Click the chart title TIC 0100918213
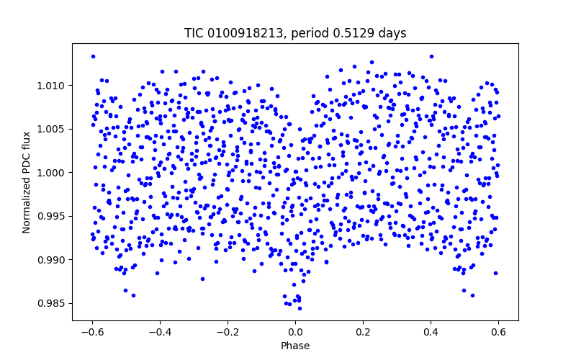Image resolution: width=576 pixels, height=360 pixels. [231, 33]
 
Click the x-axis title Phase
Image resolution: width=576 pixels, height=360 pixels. [295, 346]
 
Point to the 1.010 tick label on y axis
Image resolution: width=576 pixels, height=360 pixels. [53, 86]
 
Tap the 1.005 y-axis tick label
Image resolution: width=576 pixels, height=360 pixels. [53, 129]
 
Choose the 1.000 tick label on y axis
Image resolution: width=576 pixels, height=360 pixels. [53, 173]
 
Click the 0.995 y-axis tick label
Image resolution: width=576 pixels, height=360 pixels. [53, 216]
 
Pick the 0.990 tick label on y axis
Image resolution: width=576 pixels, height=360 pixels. [53, 260]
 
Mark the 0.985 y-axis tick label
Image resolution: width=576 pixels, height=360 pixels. [53, 303]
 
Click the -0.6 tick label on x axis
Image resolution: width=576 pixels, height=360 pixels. [92, 332]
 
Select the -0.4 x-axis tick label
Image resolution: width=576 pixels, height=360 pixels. [160, 332]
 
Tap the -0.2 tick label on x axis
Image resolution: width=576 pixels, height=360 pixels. [228, 332]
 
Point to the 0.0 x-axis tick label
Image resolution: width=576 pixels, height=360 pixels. [295, 332]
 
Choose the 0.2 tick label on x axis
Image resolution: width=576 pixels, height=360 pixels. [363, 332]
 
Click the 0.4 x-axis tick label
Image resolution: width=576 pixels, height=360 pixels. [431, 332]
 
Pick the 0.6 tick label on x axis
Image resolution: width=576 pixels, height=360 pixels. [498, 332]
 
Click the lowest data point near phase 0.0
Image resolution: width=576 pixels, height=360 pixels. [300, 308]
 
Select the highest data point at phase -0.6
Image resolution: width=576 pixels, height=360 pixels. [93, 56]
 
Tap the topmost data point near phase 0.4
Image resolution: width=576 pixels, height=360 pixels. [431, 56]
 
